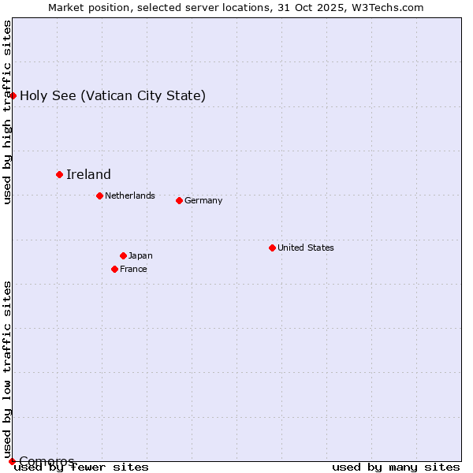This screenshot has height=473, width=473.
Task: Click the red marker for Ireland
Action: tap(59, 174)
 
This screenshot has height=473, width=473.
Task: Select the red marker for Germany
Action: tap(179, 200)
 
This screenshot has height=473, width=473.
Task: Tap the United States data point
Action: tap(272, 248)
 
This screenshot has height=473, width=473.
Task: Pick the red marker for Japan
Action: tap(123, 255)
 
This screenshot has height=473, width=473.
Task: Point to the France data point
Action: tap(114, 269)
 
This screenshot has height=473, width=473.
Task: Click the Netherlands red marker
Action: tap(99, 196)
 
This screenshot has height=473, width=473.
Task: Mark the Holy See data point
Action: tap(13, 95)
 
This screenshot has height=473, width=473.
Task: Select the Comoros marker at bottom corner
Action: tap(12, 461)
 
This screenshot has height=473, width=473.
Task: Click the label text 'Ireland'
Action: tap(88, 174)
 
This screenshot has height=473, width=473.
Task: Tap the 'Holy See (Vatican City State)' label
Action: tap(113, 95)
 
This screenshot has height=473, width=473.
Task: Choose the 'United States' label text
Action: tap(306, 248)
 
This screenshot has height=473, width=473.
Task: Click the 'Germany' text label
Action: tap(203, 200)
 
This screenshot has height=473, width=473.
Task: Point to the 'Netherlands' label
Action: tap(130, 196)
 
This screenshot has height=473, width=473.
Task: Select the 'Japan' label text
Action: tap(140, 255)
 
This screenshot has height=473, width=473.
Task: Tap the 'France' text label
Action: tap(133, 269)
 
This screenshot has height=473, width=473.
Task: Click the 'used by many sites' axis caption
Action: tap(396, 467)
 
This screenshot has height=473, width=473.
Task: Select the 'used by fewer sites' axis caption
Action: tap(82, 467)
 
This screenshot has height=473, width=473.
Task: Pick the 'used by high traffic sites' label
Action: tap(7, 112)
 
